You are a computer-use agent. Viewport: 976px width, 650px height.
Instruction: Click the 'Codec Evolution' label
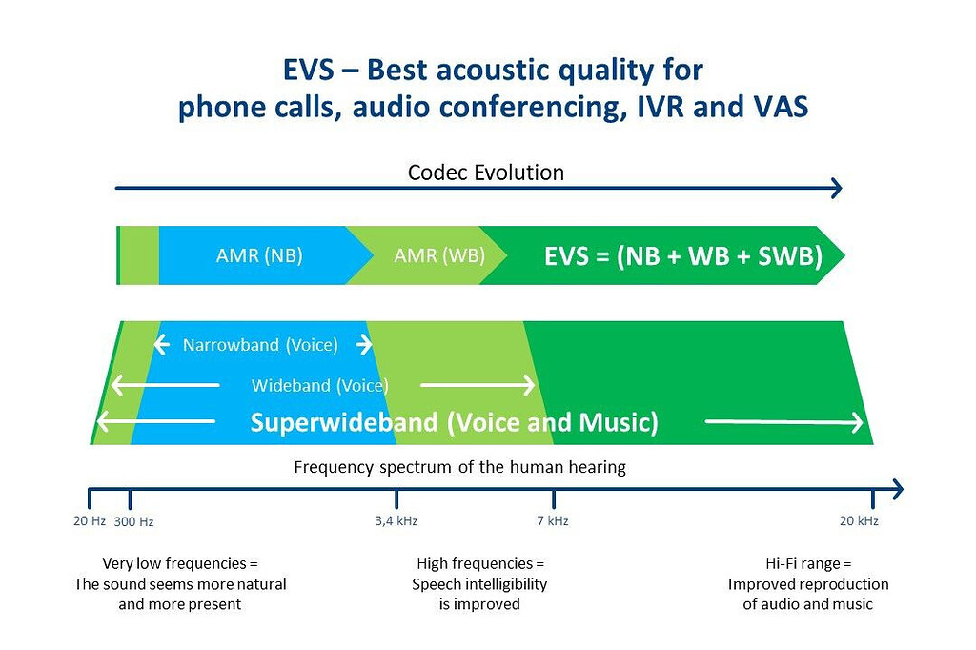pos(485,173)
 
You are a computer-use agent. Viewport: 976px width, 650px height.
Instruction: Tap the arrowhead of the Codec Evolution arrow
pos(838,189)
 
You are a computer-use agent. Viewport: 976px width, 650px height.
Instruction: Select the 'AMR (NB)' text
pos(259,255)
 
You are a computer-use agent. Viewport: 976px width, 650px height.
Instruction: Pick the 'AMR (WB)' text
pos(439,255)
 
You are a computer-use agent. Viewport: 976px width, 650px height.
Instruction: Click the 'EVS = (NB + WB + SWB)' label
pos(682,256)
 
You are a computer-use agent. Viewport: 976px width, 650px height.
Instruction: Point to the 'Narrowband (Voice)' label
pos(260,345)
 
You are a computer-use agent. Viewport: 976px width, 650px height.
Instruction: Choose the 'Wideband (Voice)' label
pos(320,385)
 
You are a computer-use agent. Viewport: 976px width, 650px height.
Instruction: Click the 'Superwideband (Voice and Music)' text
pos(454,422)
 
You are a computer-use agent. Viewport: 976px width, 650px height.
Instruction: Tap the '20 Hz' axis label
pos(90,520)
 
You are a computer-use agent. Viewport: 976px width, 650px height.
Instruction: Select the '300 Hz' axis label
pos(133,521)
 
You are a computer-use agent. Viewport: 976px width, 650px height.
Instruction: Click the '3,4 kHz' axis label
pos(396,520)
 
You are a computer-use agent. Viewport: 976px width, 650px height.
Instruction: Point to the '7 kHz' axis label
pos(553,520)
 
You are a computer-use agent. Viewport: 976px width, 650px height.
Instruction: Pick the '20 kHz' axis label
pos(859,520)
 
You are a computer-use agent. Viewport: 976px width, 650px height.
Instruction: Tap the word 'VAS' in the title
pos(775,107)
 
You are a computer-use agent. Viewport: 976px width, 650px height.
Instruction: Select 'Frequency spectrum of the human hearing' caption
pos(459,467)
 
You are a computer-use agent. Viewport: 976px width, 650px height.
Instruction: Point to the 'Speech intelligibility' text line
pos(479,583)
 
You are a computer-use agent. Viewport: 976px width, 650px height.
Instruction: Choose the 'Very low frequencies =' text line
pos(180,563)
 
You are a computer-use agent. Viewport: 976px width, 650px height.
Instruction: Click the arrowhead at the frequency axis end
pos(896,490)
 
